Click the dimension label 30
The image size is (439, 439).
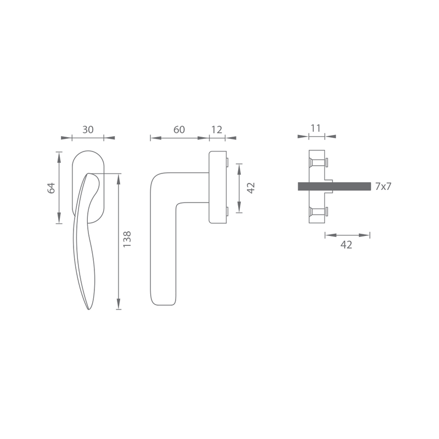coord(88,130)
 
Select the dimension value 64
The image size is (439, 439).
coord(51,188)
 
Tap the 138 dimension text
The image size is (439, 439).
coord(127,239)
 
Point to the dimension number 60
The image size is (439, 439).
coord(179,130)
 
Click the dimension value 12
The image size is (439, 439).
coord(217,130)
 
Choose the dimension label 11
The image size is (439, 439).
coord(316,128)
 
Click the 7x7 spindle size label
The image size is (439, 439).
coord(383,186)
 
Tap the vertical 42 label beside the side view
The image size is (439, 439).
coord(251,188)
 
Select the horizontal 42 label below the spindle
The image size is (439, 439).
coord(346,245)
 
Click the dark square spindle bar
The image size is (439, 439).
coord(334,186)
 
